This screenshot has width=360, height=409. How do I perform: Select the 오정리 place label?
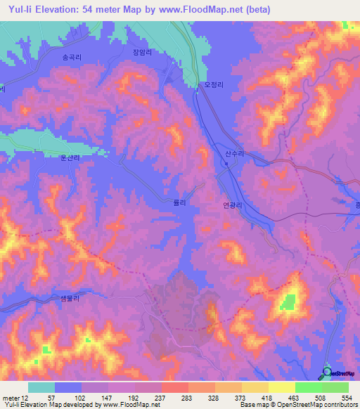[213, 84]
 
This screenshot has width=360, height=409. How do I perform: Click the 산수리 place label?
[234, 152]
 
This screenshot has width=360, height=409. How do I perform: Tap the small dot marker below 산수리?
[226, 164]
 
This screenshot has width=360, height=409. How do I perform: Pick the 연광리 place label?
[232, 205]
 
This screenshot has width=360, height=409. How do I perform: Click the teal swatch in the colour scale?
[41, 387]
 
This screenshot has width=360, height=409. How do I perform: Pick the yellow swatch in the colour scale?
[281, 387]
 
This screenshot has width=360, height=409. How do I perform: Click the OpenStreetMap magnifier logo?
[327, 372]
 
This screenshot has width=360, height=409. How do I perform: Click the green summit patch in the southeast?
[288, 303]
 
